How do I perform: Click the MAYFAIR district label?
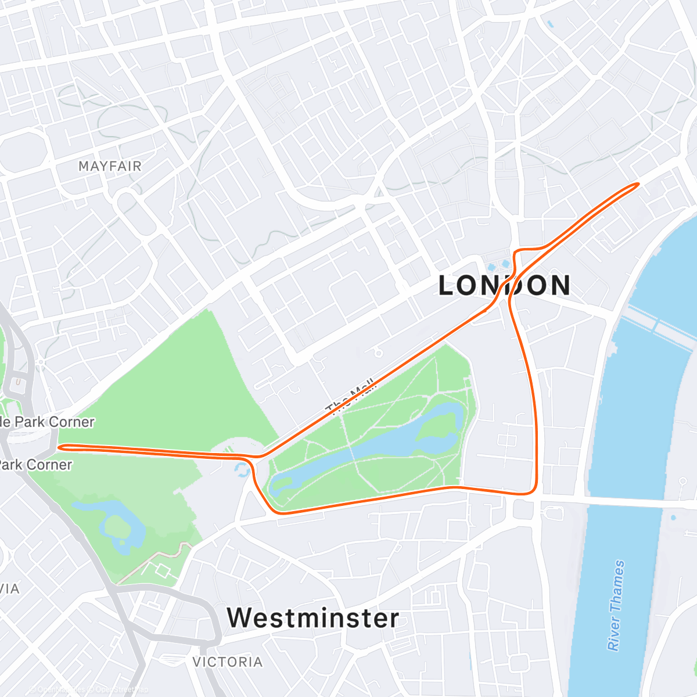pyautogui.click(x=110, y=167)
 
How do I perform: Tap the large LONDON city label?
pyautogui.click(x=504, y=286)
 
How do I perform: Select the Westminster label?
pyautogui.click(x=313, y=618)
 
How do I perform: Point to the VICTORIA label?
pyautogui.click(x=227, y=662)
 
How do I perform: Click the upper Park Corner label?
pyautogui.click(x=47, y=422)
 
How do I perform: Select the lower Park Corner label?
pyautogui.click(x=35, y=465)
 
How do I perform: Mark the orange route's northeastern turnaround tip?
pyautogui.click(x=638, y=184)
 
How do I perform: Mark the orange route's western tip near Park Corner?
pyautogui.click(x=60, y=447)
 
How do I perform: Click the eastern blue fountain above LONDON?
pyautogui.click(x=505, y=264)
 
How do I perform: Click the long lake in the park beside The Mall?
pyautogui.click(x=372, y=453)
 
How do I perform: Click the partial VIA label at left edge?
pyautogui.click(x=10, y=589)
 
